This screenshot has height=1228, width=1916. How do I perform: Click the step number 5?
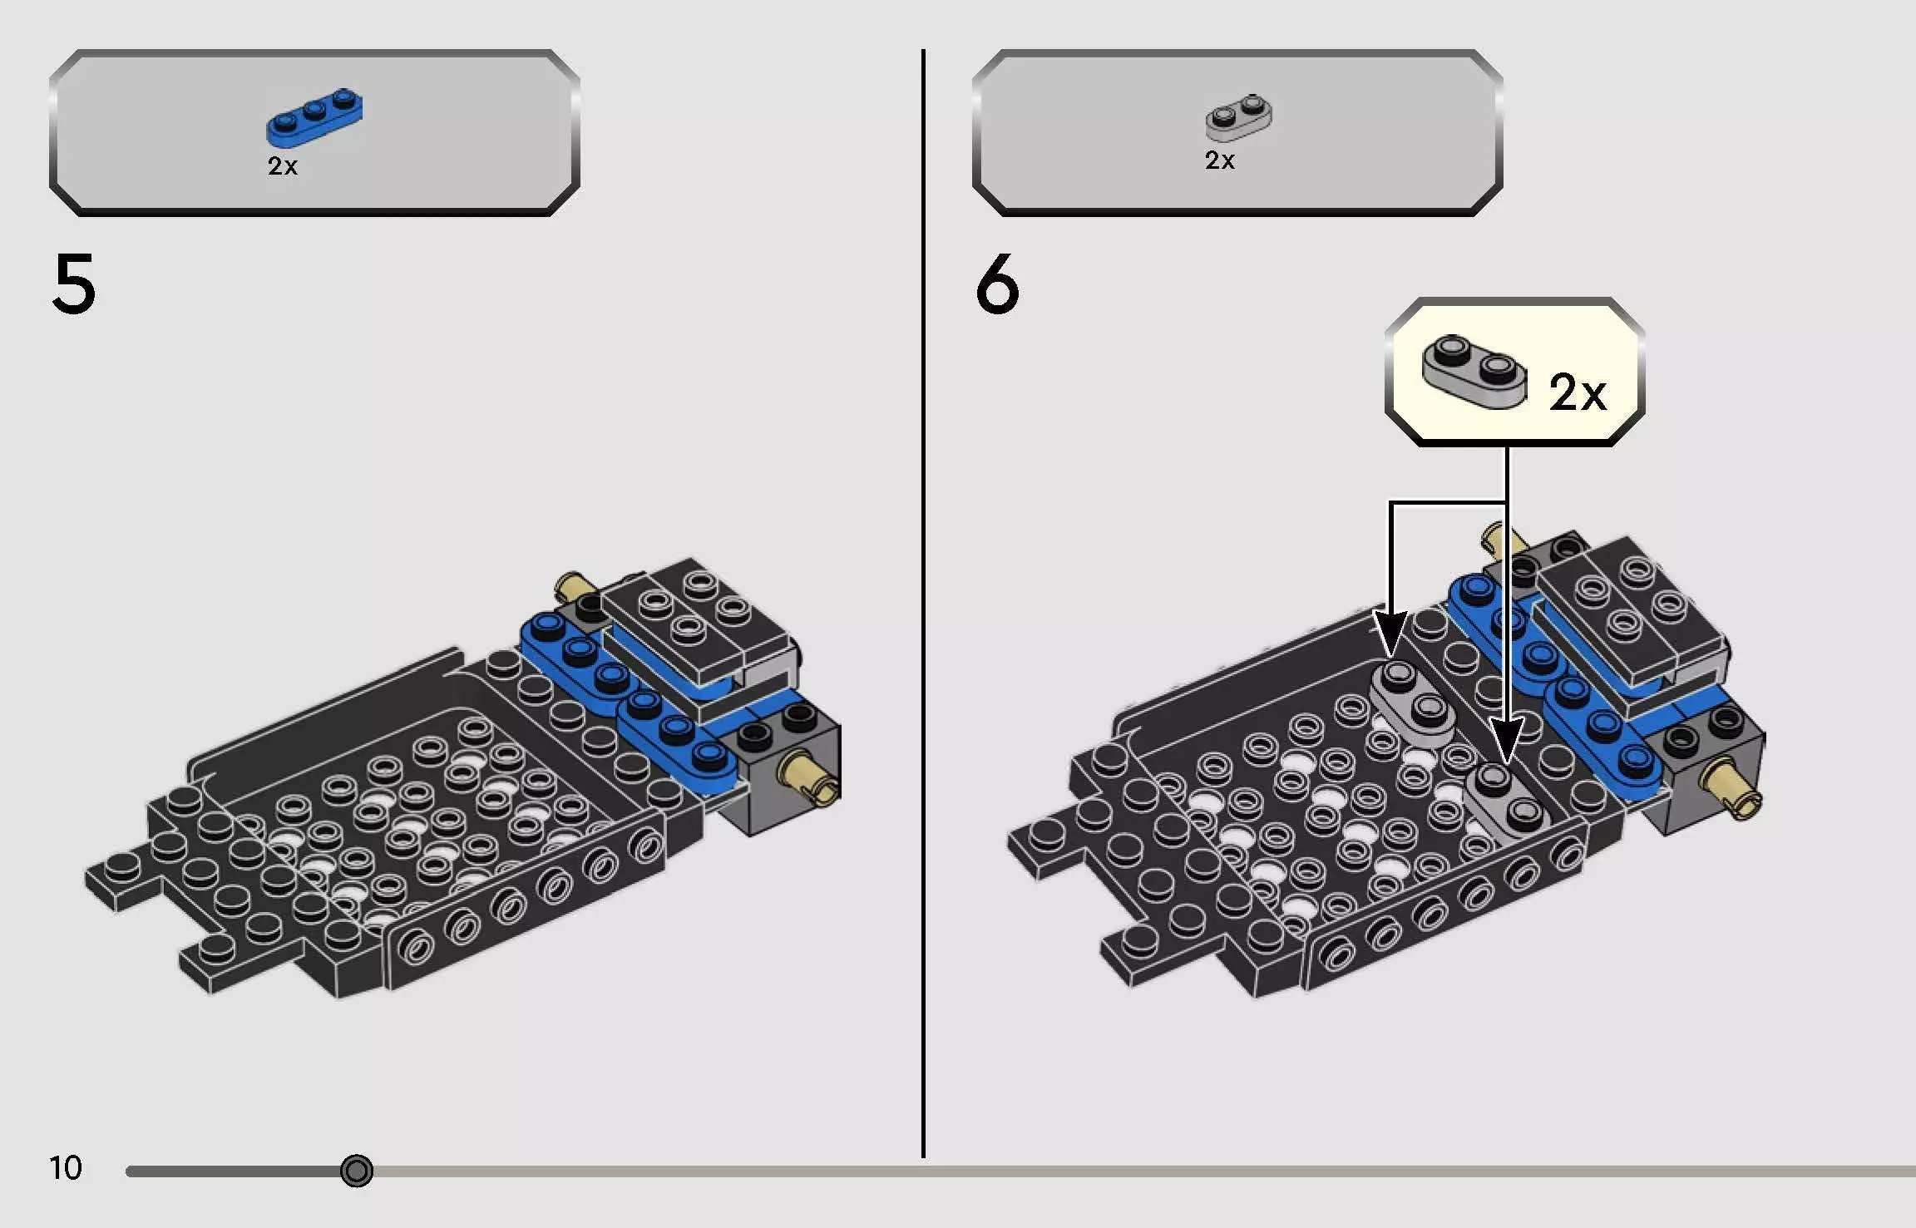tap(74, 284)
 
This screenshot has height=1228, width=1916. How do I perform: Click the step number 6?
tap(997, 284)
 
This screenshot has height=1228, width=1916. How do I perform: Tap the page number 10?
tap(66, 1168)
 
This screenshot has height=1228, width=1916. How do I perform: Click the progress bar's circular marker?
tap(357, 1171)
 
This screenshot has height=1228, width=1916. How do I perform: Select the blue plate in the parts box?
tap(314, 116)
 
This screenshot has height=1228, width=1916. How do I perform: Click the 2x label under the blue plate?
tap(283, 166)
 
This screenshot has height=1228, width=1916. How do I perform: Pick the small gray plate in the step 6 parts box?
tap(1238, 118)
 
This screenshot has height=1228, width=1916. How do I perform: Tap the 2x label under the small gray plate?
tap(1220, 160)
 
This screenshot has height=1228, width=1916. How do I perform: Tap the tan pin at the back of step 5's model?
tap(572, 588)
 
